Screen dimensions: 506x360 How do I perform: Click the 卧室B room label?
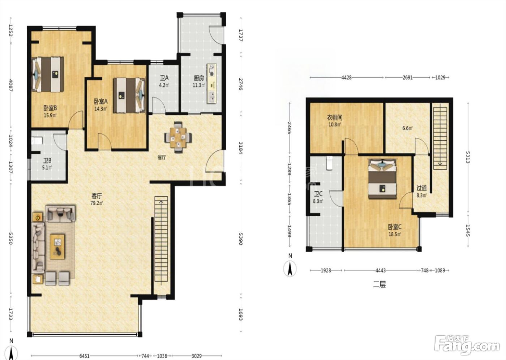[50, 108]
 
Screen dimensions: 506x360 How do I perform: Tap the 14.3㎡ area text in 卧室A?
[100, 109]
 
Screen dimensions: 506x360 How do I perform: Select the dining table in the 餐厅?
[178, 137]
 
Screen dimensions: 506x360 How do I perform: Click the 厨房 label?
[199, 78]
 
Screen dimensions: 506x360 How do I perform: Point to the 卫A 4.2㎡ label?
[164, 81]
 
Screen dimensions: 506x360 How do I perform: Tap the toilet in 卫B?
[37, 141]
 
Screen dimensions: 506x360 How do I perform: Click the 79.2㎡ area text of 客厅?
[97, 203]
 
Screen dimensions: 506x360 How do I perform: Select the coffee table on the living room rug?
[57, 247]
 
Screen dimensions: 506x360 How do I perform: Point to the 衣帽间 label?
[335, 117]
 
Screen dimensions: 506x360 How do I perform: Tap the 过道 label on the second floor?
[421, 188]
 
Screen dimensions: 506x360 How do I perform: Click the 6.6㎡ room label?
[408, 128]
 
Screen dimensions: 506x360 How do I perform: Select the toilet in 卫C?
[330, 163]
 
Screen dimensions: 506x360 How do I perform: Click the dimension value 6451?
[84, 356]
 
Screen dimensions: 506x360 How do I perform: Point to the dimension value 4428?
[346, 78]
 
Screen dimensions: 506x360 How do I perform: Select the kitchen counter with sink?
[212, 83]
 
